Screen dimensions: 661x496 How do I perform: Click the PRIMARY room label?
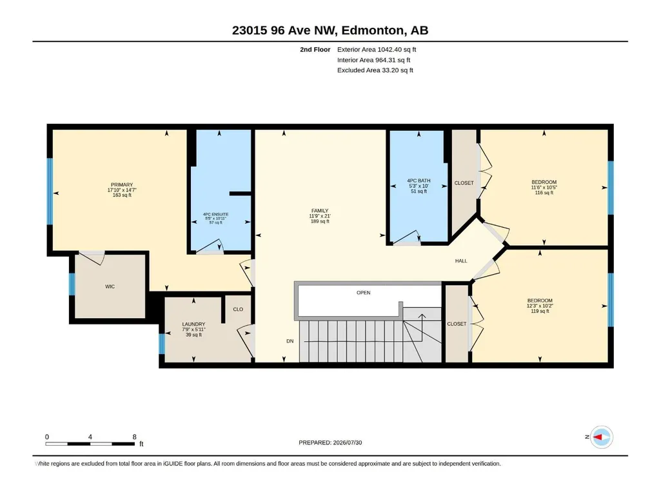pyautogui.click(x=122, y=184)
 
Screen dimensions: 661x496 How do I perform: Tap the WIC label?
pyautogui.click(x=110, y=286)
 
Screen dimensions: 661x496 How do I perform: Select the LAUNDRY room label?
pyautogui.click(x=193, y=324)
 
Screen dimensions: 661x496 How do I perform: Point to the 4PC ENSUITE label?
pyautogui.click(x=215, y=214)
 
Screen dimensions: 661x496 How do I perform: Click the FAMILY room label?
pyautogui.click(x=320, y=211)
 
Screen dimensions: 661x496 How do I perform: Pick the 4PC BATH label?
pyautogui.click(x=419, y=181)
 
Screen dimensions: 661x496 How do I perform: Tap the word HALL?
pyautogui.click(x=461, y=261)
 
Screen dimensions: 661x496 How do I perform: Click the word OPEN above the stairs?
pyautogui.click(x=363, y=292)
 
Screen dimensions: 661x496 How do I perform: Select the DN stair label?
pyautogui.click(x=290, y=341)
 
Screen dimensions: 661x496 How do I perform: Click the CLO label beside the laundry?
pyautogui.click(x=238, y=309)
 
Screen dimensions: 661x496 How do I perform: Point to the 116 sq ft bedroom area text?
pyautogui.click(x=544, y=193)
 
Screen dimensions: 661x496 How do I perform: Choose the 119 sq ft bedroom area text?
pyautogui.click(x=540, y=312)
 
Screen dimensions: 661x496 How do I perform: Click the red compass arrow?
pyautogui.click(x=598, y=437)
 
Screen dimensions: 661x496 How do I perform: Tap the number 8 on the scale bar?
pyautogui.click(x=135, y=437)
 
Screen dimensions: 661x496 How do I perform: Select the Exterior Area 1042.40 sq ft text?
pyautogui.click(x=377, y=50)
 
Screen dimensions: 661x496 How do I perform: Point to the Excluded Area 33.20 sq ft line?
pyautogui.click(x=375, y=70)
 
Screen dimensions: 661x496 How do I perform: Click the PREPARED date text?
pyautogui.click(x=330, y=442)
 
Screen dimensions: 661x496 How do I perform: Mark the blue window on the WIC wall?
pyautogui.click(x=72, y=284)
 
